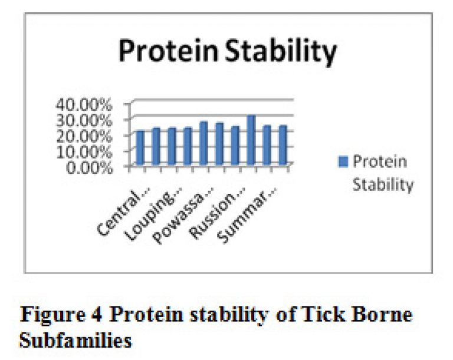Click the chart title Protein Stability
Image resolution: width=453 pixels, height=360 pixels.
pos(228,51)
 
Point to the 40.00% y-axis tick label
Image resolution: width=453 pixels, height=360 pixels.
pos(84,104)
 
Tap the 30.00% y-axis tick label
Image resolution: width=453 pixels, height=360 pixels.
pos(84,120)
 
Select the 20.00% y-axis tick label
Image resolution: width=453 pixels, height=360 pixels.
pos(84,136)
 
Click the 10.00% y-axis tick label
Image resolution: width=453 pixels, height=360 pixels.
pos(84,152)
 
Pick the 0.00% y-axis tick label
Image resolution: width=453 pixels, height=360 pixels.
pos(89,167)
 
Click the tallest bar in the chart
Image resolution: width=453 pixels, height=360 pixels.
pos(251,140)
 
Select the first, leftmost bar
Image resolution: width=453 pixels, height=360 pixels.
pos(140,148)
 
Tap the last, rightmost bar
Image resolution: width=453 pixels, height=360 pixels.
pos(283,145)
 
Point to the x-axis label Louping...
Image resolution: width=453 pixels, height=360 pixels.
pos(153,214)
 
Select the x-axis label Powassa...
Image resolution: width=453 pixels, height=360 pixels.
pos(183,216)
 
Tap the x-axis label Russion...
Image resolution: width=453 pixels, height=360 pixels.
pos(217,213)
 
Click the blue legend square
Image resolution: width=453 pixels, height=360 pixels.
pos(343,161)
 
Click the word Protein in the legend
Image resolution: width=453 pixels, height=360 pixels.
pos(380,161)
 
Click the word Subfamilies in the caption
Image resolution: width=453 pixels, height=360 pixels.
pos(75,340)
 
